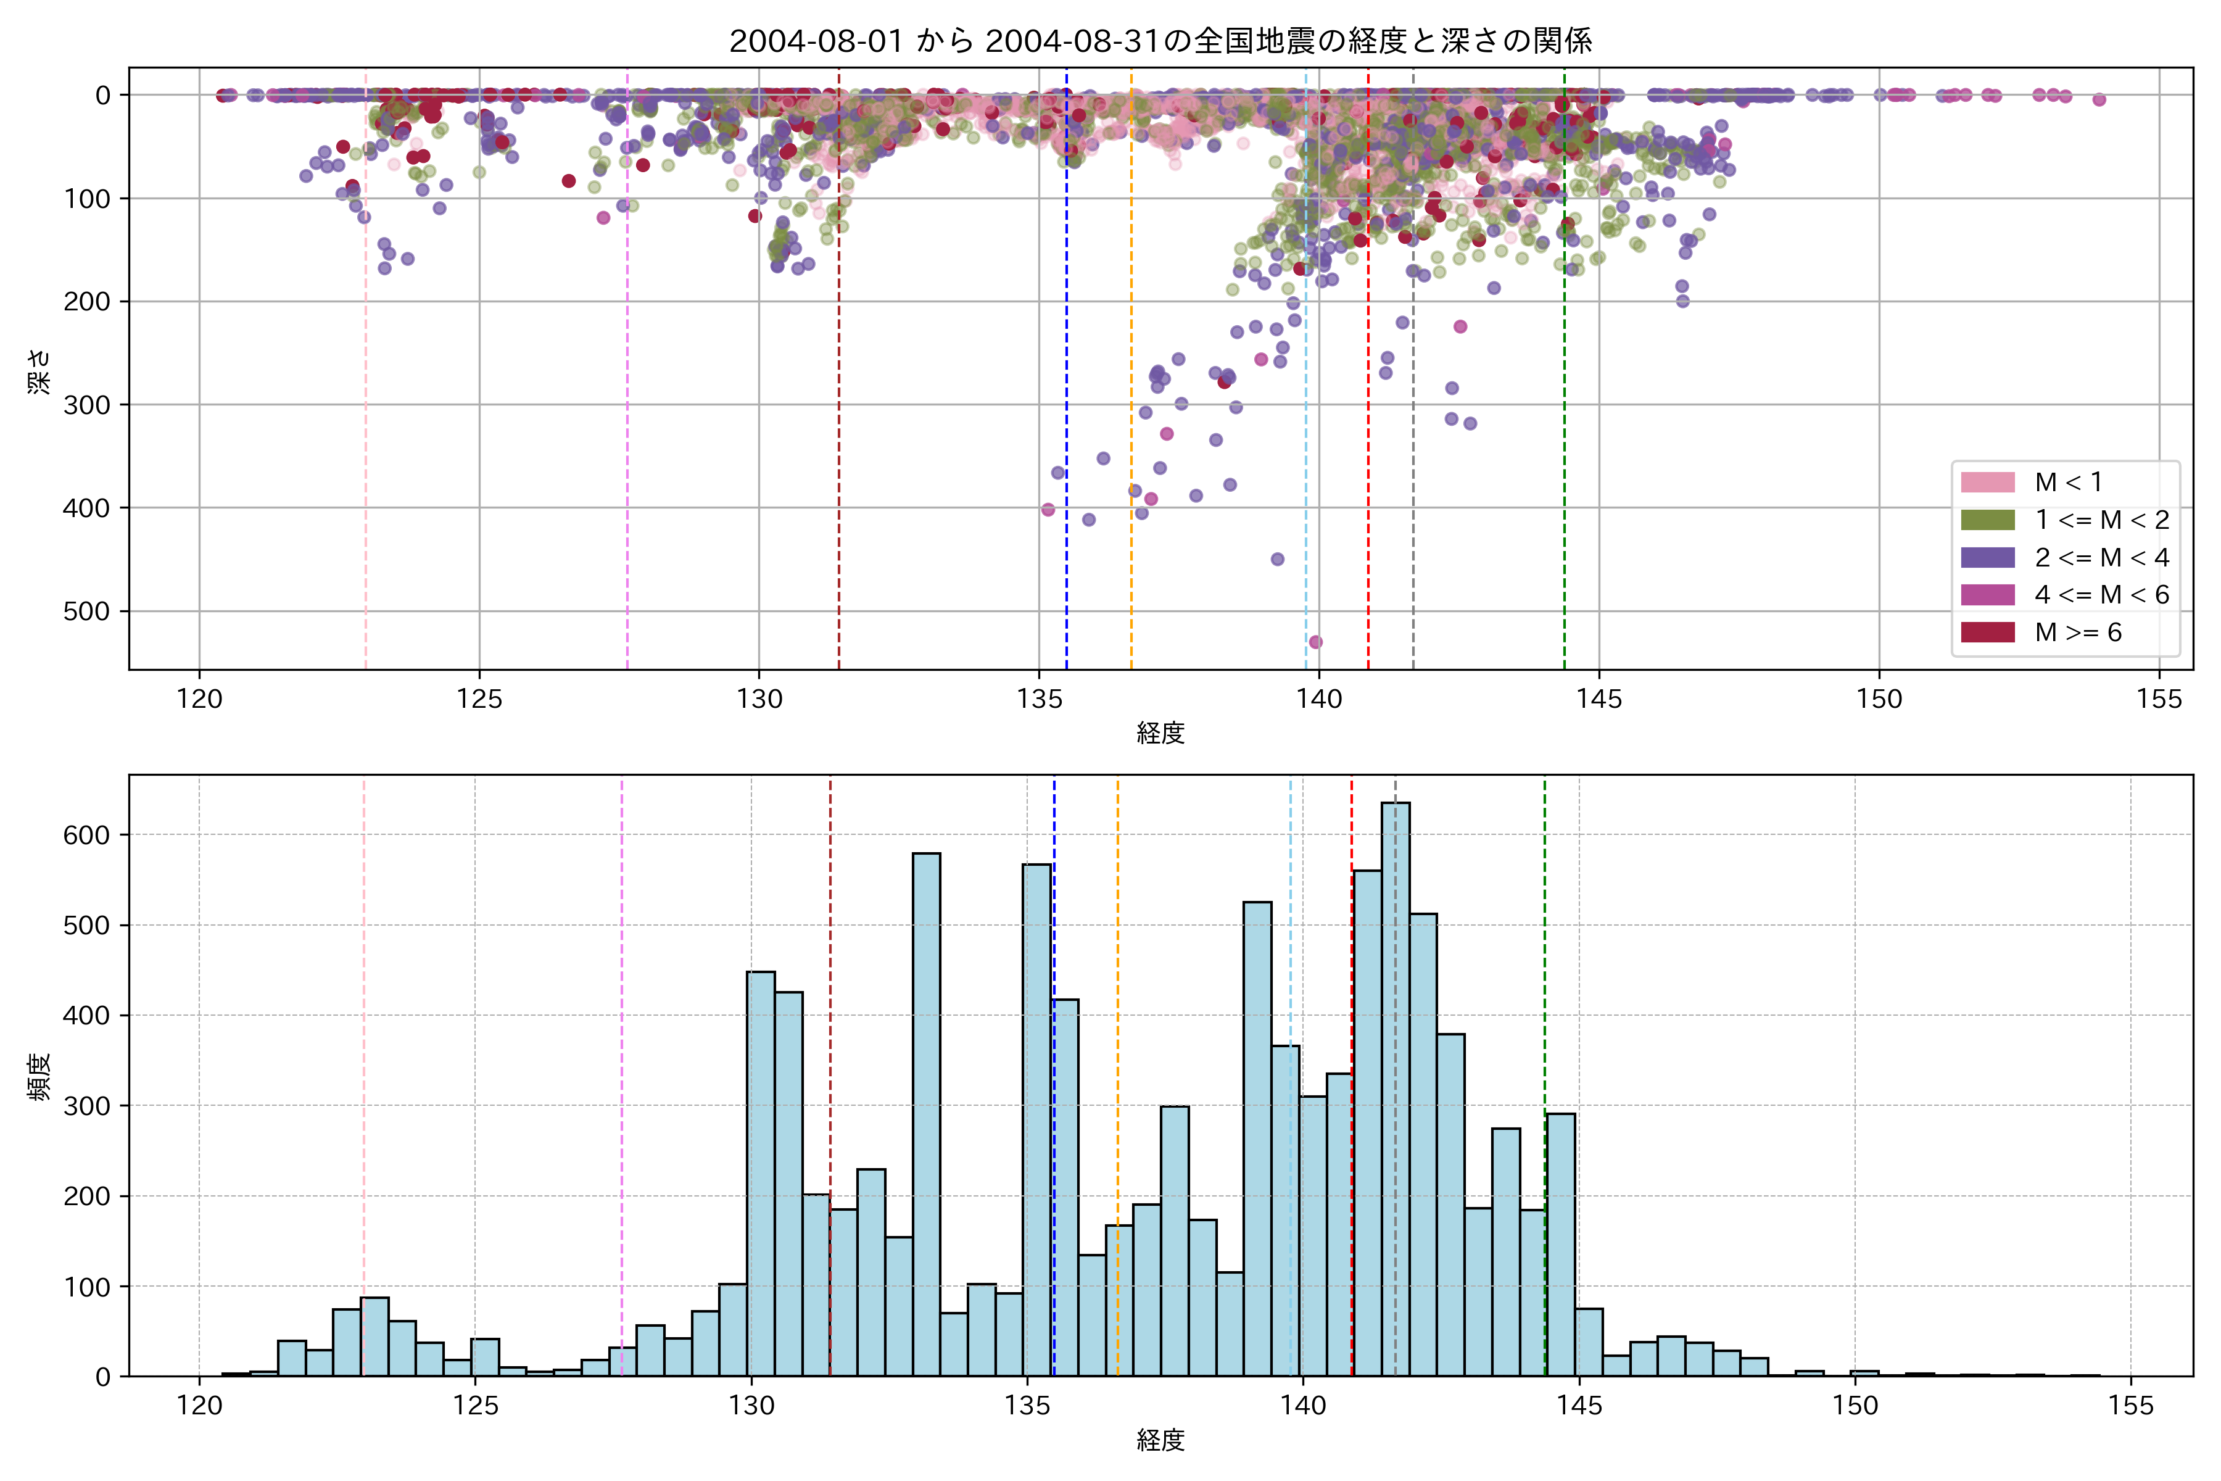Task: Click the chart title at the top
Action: (1160, 41)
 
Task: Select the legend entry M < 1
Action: (2068, 483)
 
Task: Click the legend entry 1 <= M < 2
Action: (2101, 520)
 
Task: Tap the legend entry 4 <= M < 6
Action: (2101, 595)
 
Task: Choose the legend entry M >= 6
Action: (2077, 633)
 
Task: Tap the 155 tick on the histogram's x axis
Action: (2130, 1406)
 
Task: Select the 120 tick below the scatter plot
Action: (199, 700)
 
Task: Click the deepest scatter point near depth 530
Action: (1315, 642)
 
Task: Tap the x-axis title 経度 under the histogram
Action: (1160, 1440)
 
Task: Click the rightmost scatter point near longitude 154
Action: (2098, 99)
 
